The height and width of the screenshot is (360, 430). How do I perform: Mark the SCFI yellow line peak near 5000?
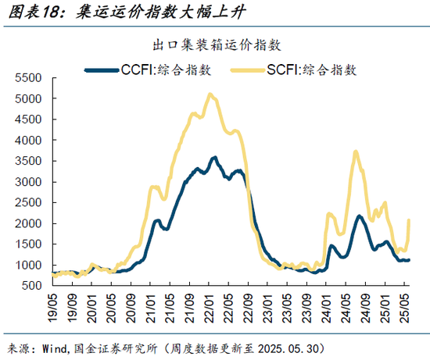(210, 95)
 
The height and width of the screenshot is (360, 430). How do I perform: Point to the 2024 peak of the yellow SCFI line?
(356, 152)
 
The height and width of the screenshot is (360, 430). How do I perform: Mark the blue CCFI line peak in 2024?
(359, 216)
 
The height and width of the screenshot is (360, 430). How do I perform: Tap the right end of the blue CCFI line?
(410, 260)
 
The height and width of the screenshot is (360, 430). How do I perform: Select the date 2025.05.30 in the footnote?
(292, 348)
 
